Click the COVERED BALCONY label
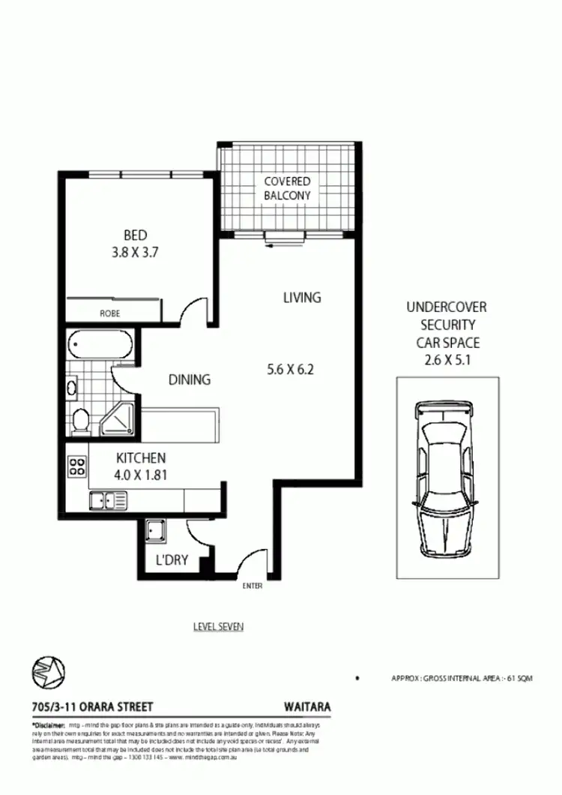point(286,188)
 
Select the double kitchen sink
point(104,500)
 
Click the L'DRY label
point(171,560)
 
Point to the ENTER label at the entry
point(252,586)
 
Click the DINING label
point(189,380)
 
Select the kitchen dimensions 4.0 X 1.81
point(140,473)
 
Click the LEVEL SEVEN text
point(218,626)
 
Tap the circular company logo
point(49,670)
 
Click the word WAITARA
point(307,706)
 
